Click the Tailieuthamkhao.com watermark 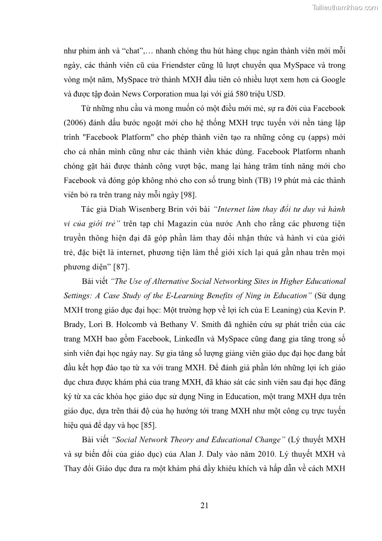345,7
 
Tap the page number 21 204,505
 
